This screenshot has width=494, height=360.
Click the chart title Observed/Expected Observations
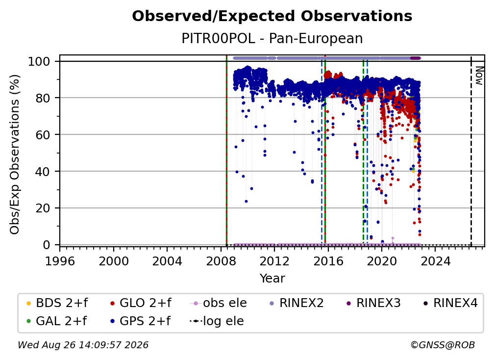coord(272,16)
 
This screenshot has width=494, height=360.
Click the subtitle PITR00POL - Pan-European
coord(272,38)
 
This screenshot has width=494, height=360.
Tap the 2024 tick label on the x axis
coord(435,261)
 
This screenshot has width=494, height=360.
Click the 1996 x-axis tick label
coord(60,261)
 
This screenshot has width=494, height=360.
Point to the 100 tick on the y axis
coord(39,61)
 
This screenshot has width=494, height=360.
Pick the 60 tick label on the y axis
coord(43,135)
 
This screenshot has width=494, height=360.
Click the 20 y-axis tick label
coord(43,208)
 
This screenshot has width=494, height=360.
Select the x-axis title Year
coord(272,279)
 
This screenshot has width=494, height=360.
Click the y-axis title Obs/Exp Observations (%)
coord(15,154)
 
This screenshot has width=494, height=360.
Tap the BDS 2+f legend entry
coord(57,303)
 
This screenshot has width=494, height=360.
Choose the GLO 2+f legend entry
coord(141,303)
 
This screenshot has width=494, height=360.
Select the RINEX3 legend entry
coord(373,303)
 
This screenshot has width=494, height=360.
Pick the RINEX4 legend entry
coord(450,303)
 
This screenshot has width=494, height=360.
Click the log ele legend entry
coord(217,321)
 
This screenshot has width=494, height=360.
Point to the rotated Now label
coord(479,76)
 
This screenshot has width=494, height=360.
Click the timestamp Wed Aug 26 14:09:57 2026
coord(83,345)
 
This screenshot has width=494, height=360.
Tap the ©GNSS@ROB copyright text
coord(443,345)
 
